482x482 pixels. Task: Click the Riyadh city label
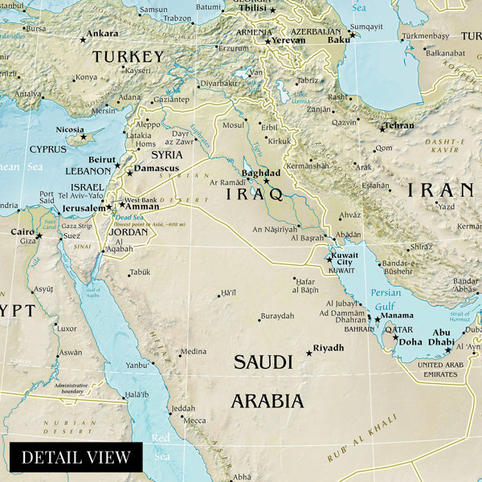[x=329, y=348]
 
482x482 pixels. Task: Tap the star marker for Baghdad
[x=267, y=182]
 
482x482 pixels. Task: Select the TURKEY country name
[x=129, y=57]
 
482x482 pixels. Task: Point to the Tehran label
[x=399, y=125]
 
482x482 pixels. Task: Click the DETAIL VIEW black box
[x=76, y=457]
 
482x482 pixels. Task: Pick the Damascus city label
[x=157, y=170]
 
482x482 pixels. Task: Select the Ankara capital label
[x=102, y=34]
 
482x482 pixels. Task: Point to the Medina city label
[x=193, y=352]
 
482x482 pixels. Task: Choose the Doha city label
[x=410, y=341]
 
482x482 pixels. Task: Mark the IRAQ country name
[x=254, y=194]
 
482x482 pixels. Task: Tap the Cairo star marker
[x=38, y=235]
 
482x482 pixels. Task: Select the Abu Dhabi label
[x=442, y=336]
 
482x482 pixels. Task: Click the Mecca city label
[x=194, y=420]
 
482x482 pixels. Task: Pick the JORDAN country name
[x=129, y=232]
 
